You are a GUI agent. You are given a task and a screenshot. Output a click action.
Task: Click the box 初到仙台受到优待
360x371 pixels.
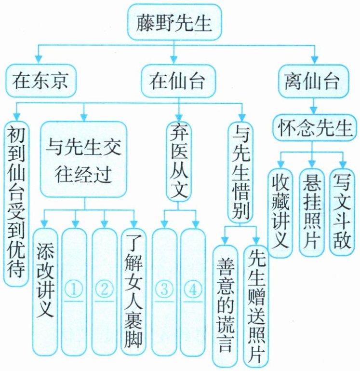(16, 203)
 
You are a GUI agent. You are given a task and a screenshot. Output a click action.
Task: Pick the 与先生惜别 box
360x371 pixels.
(240, 171)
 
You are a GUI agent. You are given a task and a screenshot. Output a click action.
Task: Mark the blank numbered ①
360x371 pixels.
(75, 289)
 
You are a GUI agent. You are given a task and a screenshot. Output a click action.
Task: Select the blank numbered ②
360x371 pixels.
(104, 289)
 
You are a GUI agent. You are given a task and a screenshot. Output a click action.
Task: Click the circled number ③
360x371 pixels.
(164, 289)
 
